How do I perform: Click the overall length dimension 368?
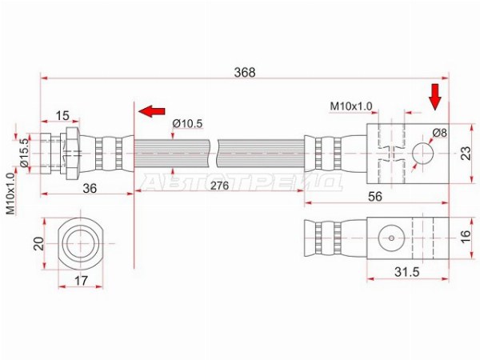(x=244, y=73)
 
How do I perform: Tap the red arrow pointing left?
(x=151, y=111)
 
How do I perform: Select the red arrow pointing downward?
(x=434, y=97)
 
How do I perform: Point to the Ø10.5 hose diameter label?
(x=187, y=124)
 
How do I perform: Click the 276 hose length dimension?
(x=219, y=186)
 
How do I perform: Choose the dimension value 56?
(x=375, y=197)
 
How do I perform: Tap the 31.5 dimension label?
(x=407, y=272)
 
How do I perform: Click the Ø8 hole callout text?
(x=440, y=133)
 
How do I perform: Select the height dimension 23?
(x=466, y=154)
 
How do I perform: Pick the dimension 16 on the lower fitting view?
(x=466, y=237)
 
